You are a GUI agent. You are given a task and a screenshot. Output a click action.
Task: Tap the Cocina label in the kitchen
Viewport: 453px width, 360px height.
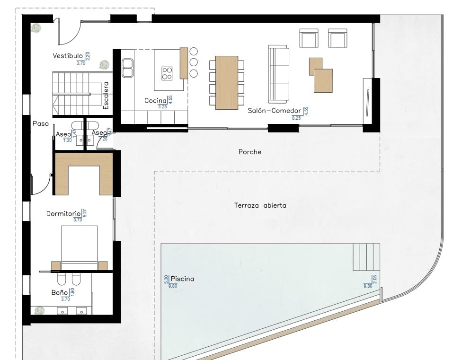click(x=155, y=100)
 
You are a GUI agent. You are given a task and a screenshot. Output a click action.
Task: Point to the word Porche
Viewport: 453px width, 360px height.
click(x=249, y=152)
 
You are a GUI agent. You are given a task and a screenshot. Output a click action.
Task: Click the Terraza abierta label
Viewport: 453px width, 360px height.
click(x=260, y=205)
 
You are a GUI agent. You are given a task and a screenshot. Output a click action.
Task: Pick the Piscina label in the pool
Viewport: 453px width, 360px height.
click(x=182, y=279)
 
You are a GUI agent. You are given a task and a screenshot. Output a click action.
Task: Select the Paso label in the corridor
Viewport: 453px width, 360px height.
click(x=41, y=123)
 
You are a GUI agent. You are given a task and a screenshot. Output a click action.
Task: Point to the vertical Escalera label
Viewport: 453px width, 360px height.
click(x=106, y=96)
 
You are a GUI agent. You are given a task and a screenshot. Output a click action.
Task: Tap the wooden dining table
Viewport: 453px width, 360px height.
click(x=227, y=83)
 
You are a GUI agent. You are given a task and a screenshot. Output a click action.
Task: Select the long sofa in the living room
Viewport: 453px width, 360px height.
click(x=278, y=74)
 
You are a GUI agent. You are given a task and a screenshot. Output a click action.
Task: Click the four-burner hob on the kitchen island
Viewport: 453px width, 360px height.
click(x=167, y=73)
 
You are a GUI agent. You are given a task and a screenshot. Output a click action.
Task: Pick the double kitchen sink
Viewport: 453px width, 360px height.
click(x=127, y=68)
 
